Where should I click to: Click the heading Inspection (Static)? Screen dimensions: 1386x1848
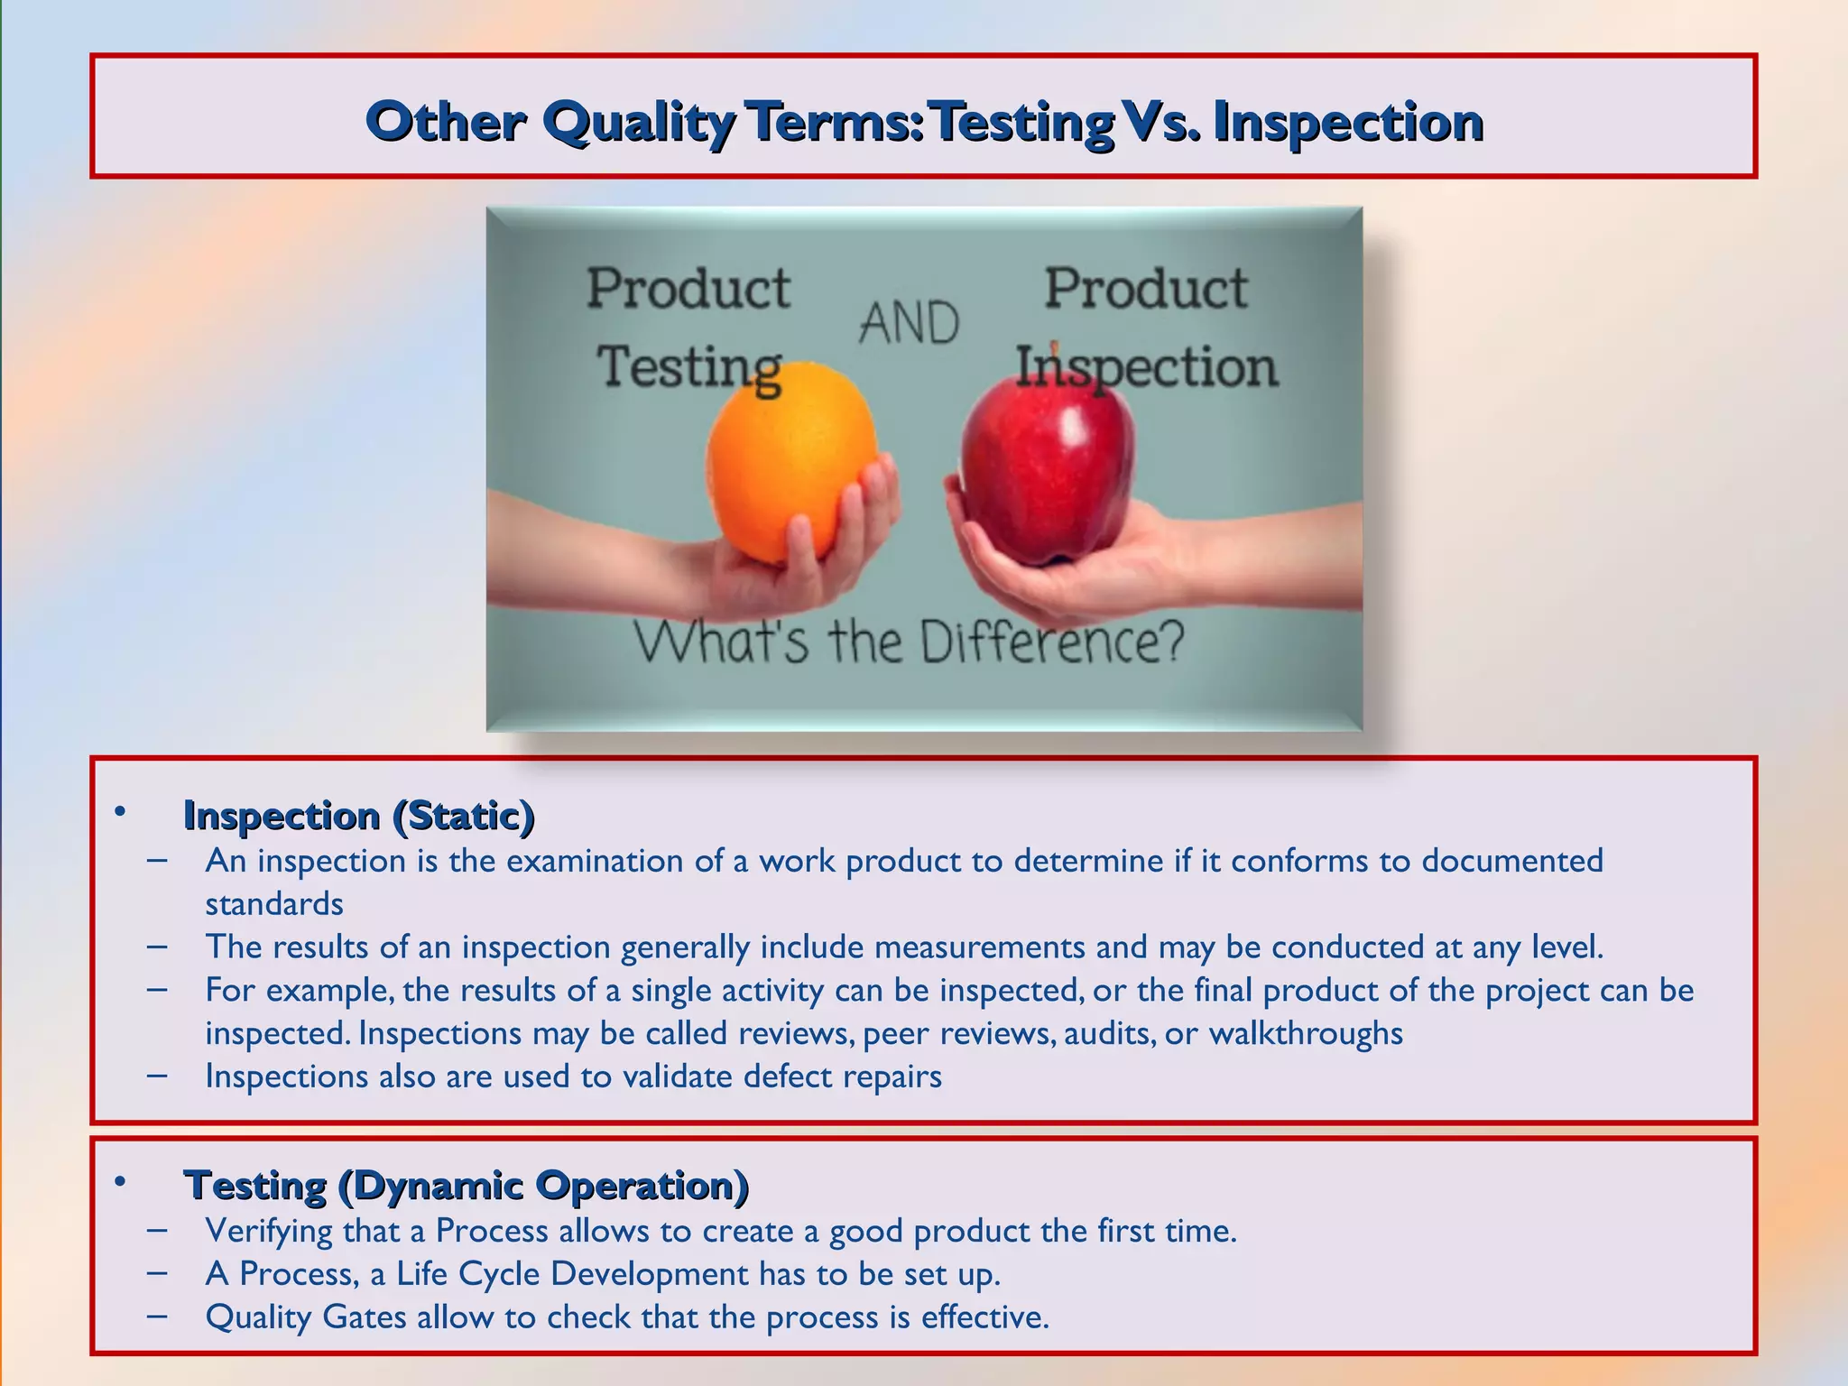[358, 815]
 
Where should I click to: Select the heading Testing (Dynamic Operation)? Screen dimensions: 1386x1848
[466, 1185]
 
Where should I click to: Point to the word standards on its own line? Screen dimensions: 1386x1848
[274, 903]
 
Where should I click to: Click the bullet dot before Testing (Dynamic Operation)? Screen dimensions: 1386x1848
[119, 1181]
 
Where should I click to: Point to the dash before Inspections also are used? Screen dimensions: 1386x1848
[157, 1075]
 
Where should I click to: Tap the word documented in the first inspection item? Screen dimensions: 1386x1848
[1512, 860]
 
